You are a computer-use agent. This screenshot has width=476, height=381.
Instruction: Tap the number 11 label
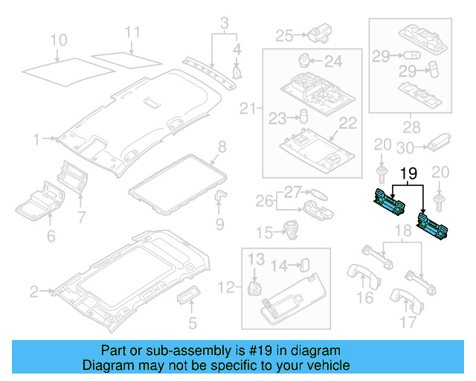click(132, 32)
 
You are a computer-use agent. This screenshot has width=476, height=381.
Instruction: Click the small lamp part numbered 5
click(187, 298)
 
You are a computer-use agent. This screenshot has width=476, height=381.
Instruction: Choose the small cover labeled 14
click(304, 263)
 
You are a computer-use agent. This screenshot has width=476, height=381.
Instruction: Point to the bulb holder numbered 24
click(303, 60)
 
